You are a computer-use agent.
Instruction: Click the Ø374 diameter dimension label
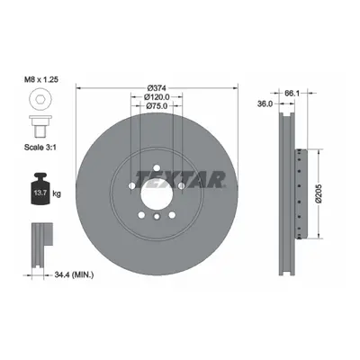[x=157, y=88]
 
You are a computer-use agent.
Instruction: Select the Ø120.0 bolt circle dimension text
[x=157, y=97]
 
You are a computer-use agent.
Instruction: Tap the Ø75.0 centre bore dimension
[x=157, y=105]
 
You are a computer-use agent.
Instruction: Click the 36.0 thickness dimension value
[x=265, y=103]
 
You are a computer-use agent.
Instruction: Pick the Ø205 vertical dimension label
[x=319, y=193]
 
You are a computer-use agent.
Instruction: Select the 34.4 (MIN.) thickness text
[x=74, y=274]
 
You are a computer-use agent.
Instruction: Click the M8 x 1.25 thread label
[x=40, y=79]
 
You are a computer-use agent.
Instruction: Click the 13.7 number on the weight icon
[x=40, y=193]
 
